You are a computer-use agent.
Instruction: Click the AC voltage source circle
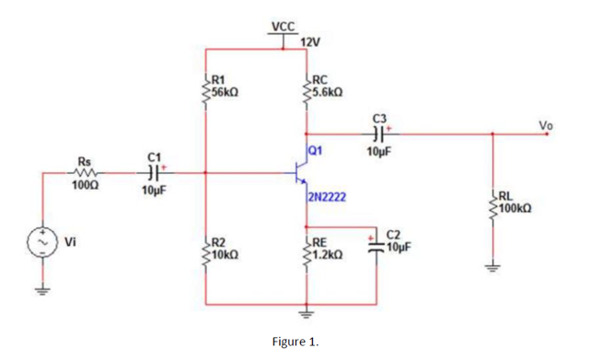point(42,242)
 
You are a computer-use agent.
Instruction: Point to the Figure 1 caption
point(295,342)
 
